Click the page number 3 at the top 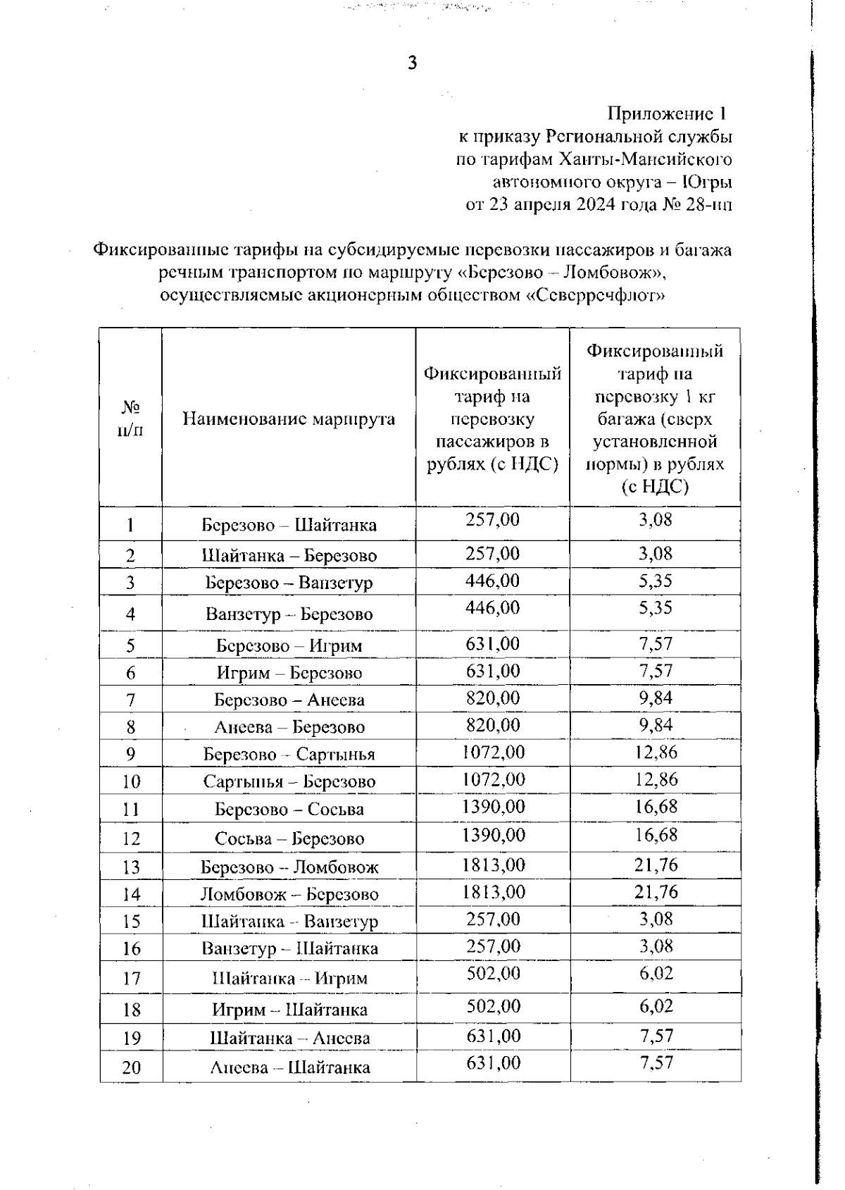(413, 63)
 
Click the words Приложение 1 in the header (667, 113)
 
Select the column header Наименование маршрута (289, 419)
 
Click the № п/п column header (131, 419)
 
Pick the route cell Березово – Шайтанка (289, 525)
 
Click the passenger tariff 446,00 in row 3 (493, 581)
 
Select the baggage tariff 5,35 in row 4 (656, 608)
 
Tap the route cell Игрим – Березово (289, 673)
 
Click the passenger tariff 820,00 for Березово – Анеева (493, 698)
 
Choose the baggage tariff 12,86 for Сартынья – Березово (656, 780)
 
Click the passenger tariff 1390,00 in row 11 (493, 807)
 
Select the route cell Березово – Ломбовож (289, 867)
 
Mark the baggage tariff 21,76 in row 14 (656, 892)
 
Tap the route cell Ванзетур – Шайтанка (289, 948)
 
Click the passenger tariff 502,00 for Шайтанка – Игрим (493, 974)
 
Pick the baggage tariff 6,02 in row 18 (656, 1006)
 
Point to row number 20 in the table (131, 1067)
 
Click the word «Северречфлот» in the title (596, 295)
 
